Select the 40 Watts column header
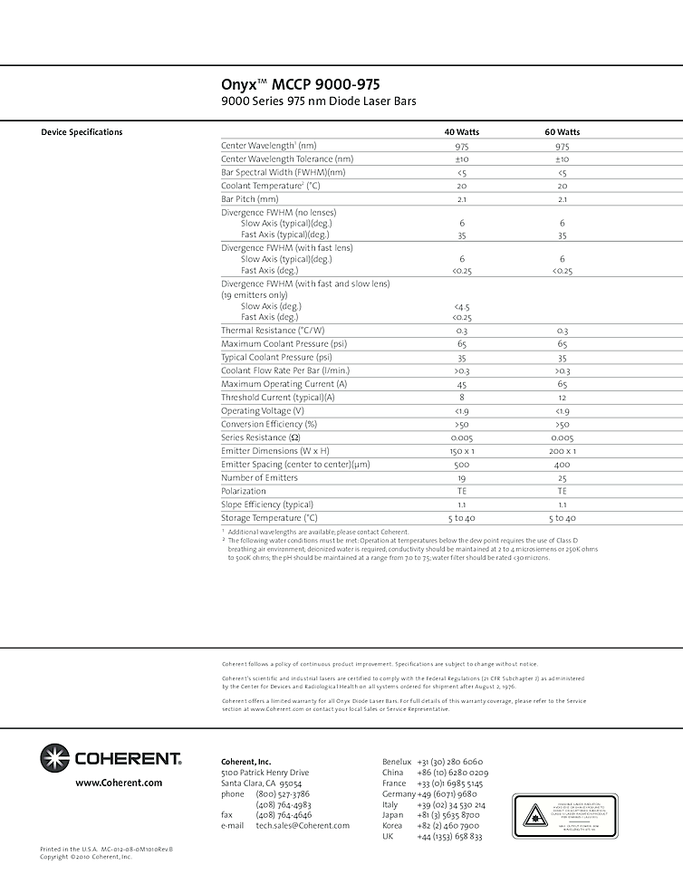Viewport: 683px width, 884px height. (461, 132)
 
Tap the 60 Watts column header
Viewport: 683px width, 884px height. (562, 132)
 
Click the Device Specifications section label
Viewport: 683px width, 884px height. (82, 132)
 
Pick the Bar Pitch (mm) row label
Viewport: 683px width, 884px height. (249, 199)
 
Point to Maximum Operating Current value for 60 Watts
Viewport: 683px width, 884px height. (562, 384)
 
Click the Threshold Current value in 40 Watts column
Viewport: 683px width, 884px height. (461, 398)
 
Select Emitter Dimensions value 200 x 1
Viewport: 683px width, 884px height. (562, 451)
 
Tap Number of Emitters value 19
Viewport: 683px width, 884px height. (461, 477)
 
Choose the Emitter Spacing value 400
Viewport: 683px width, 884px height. (562, 465)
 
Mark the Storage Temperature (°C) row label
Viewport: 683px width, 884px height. (269, 518)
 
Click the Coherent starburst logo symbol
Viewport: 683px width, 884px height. (53, 757)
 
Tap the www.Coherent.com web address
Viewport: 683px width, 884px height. (119, 783)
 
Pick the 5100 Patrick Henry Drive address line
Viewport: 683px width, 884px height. (265, 773)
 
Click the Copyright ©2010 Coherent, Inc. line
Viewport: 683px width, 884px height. (86, 857)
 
